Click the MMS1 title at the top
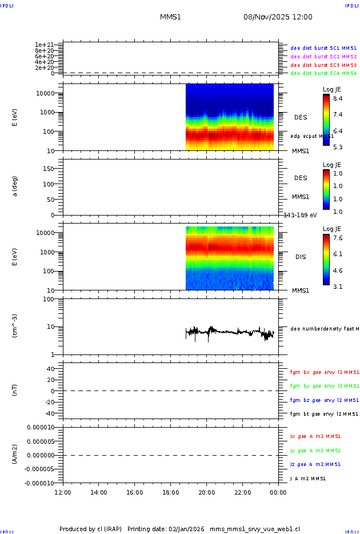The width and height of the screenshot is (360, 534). click(x=170, y=17)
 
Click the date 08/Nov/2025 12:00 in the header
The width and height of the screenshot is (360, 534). click(x=278, y=17)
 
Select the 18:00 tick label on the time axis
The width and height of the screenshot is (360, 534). click(x=171, y=492)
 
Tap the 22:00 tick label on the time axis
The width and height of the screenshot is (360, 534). click(x=243, y=492)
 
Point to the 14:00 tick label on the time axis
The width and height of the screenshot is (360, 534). click(x=99, y=492)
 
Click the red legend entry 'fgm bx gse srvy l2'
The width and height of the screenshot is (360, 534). click(x=324, y=372)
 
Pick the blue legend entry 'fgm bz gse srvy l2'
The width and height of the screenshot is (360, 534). click(x=324, y=400)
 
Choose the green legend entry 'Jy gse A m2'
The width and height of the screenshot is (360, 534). click(x=315, y=451)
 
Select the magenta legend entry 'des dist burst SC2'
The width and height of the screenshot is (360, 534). click(x=323, y=57)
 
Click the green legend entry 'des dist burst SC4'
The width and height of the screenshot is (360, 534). click(x=323, y=73)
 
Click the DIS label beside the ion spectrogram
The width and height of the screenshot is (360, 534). click(x=301, y=257)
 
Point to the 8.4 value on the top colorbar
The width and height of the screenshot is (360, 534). click(x=338, y=98)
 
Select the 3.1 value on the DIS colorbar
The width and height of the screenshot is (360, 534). click(x=338, y=286)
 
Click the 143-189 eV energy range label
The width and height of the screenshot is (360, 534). click(x=299, y=215)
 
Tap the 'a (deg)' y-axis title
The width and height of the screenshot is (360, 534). click(x=15, y=186)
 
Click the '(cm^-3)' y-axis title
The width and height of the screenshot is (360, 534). click(x=15, y=326)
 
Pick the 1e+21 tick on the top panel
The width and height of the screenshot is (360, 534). click(x=44, y=45)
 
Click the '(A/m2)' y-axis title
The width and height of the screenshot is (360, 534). click(x=15, y=455)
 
